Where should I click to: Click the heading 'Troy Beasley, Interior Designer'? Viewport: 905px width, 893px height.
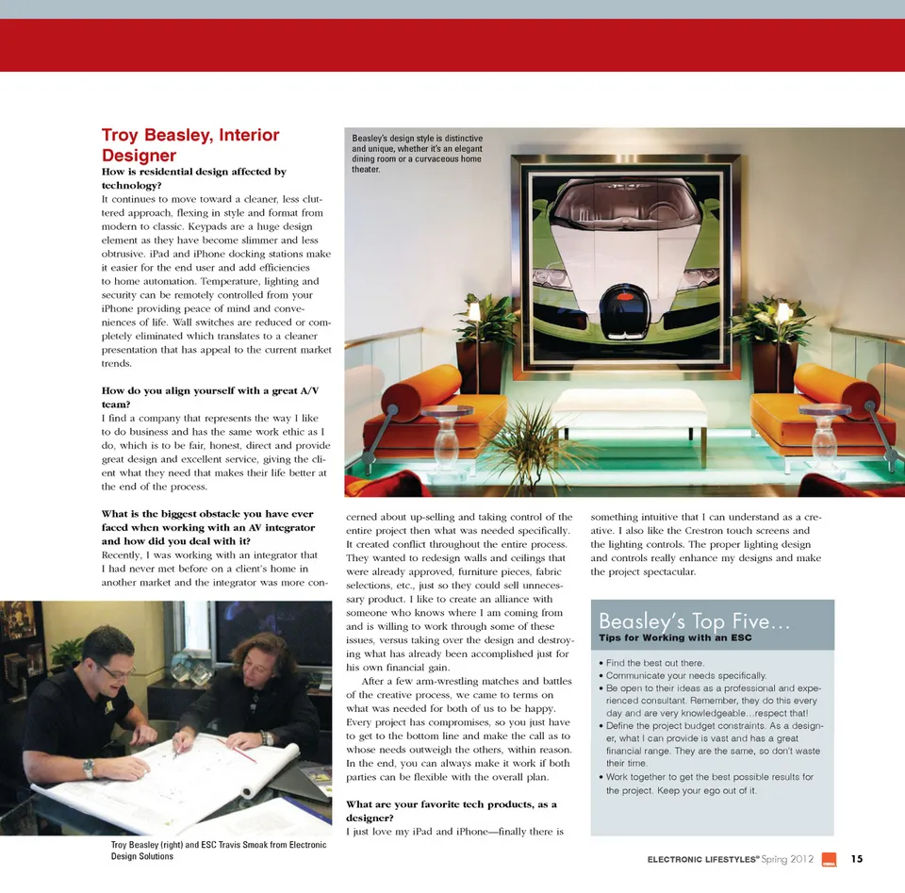pos(189,144)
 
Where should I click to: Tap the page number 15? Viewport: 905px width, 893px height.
pos(857,859)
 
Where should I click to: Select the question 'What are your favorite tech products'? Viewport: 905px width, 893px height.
pos(452,811)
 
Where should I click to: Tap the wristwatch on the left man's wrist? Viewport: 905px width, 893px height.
pos(89,768)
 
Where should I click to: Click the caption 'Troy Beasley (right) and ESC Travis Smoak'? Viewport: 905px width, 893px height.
pos(218,851)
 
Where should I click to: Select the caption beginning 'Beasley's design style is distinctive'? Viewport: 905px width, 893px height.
pos(417,154)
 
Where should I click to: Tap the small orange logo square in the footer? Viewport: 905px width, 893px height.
pos(830,859)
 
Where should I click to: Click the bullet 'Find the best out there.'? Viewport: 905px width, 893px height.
pos(657,663)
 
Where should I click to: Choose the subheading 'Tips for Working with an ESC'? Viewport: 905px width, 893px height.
pos(675,638)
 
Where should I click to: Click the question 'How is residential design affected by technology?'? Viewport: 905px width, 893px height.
pos(193,179)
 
